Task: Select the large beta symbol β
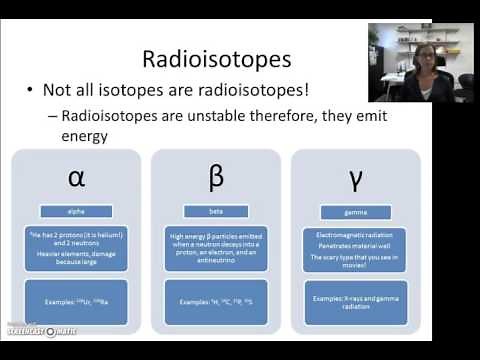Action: pos(216,177)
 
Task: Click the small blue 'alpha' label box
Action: pos(76,211)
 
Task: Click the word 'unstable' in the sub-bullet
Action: pos(211,117)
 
